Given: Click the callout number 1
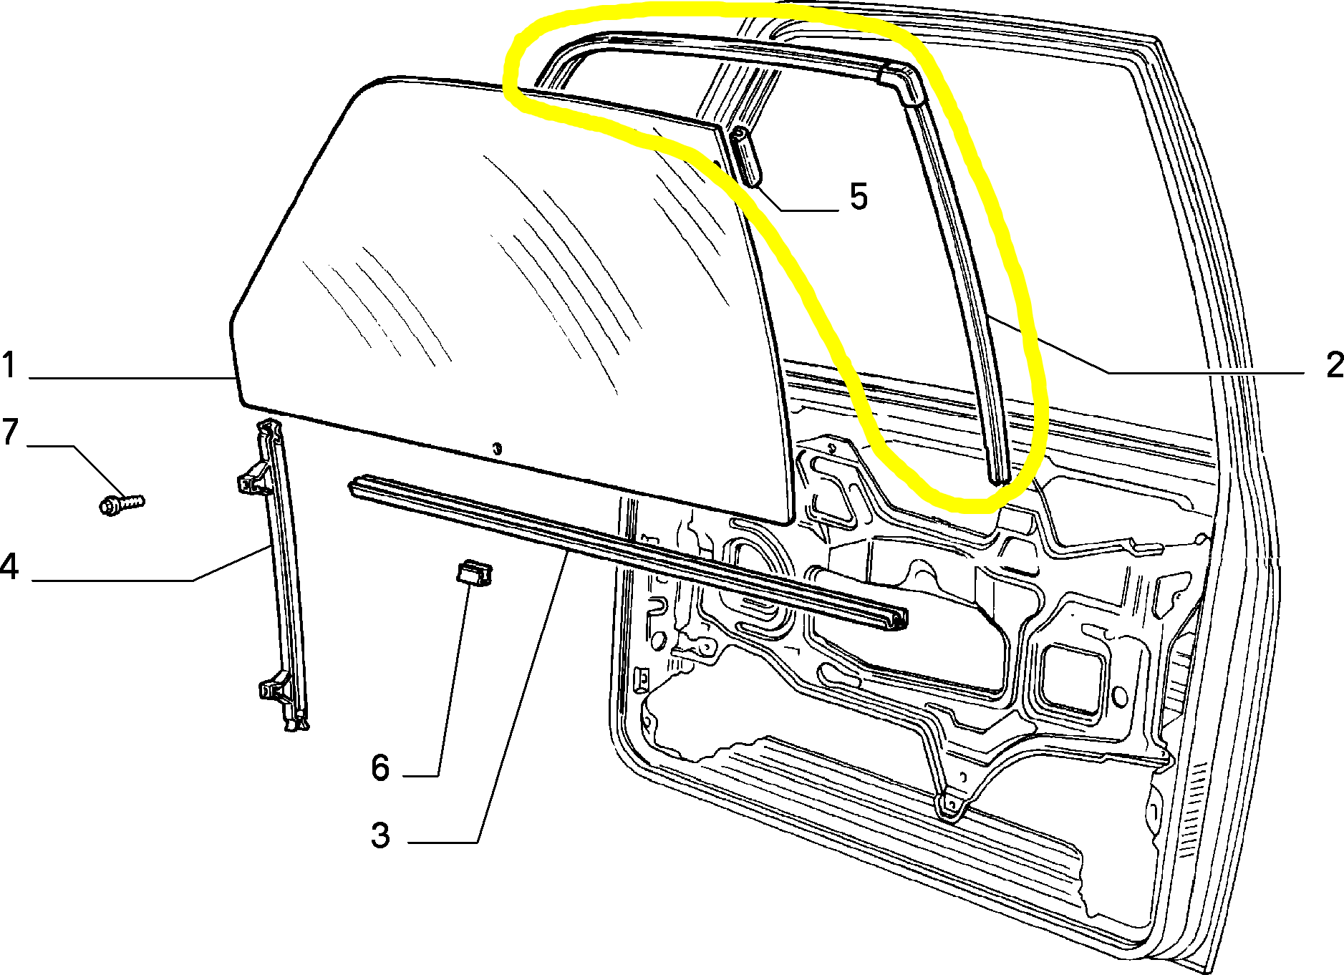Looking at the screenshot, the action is click(9, 364).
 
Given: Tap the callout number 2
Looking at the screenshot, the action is click(1334, 364).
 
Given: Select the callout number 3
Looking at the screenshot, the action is click(380, 835).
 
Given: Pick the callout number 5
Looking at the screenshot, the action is click(859, 195).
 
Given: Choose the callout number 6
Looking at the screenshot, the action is click(380, 767).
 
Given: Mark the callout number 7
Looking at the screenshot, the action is click(9, 432).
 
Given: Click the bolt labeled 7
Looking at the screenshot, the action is click(121, 503).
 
